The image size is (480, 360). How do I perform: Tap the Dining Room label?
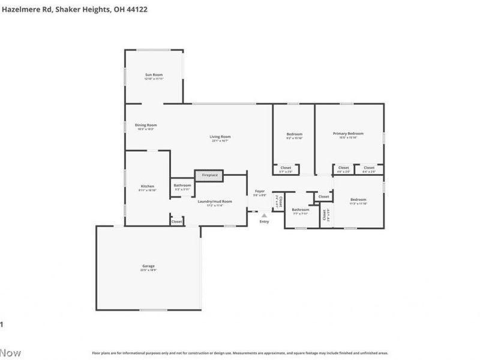[146, 125]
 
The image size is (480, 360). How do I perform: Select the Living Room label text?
[220, 136]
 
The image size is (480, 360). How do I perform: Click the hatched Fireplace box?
[209, 175]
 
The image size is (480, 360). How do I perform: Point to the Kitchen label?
[147, 186]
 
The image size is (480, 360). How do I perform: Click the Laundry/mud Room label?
[215, 201]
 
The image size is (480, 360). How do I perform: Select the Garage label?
[148, 266]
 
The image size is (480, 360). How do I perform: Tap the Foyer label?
[259, 191]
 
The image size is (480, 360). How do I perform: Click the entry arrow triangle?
[263, 215]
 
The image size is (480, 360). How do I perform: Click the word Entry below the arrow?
[264, 222]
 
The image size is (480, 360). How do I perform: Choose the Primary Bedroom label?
[348, 133]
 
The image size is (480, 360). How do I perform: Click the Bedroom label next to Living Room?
[294, 134]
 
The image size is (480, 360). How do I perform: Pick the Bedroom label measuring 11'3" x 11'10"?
[358, 199]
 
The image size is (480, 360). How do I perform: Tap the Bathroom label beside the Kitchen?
[182, 185]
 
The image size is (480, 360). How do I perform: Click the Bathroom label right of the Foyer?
[300, 209]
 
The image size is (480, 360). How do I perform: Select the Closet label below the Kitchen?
[176, 221]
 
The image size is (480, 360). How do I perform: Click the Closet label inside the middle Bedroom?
[286, 167]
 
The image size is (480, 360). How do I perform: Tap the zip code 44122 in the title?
[136, 9]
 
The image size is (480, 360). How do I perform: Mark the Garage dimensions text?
[148, 270]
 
